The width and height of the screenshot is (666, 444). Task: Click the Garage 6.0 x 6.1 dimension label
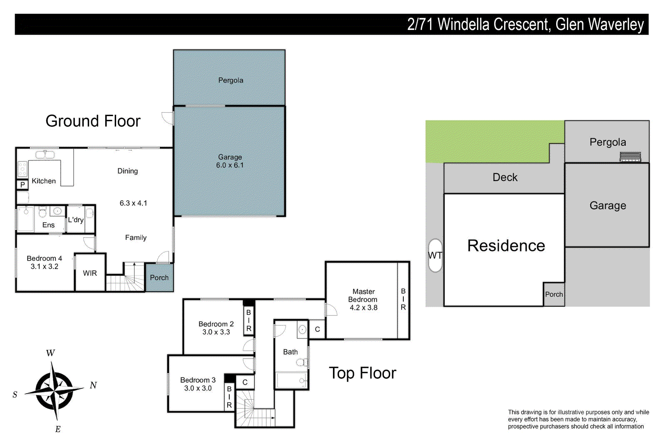tap(230, 165)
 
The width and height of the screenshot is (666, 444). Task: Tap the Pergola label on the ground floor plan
tap(231, 80)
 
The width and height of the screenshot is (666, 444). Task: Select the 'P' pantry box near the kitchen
tap(22, 184)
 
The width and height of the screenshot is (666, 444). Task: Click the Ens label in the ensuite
tap(48, 225)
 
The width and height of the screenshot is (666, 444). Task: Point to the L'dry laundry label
tap(76, 220)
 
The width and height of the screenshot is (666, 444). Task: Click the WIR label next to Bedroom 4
tap(90, 273)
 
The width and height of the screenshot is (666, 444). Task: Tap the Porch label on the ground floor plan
tap(159, 278)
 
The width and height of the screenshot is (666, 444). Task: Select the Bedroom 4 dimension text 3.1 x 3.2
tap(45, 267)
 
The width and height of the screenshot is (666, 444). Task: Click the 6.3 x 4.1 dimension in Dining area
tap(133, 203)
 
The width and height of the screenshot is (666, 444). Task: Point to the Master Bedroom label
tap(363, 296)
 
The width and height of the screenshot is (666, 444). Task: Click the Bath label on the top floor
tap(290, 352)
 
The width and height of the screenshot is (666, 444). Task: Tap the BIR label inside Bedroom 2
tap(249, 320)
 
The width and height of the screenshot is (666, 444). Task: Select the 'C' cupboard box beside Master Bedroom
tap(317, 330)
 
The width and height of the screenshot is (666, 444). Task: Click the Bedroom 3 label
tap(198, 380)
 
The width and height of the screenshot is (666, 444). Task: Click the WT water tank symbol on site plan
tap(435, 255)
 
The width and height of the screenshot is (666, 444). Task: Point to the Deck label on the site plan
tap(505, 178)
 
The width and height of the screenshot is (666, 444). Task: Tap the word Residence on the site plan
tap(506, 246)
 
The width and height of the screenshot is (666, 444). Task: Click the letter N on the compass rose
tap(93, 385)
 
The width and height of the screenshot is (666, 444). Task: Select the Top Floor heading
tap(362, 373)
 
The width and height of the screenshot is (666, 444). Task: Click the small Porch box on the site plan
tap(554, 295)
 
